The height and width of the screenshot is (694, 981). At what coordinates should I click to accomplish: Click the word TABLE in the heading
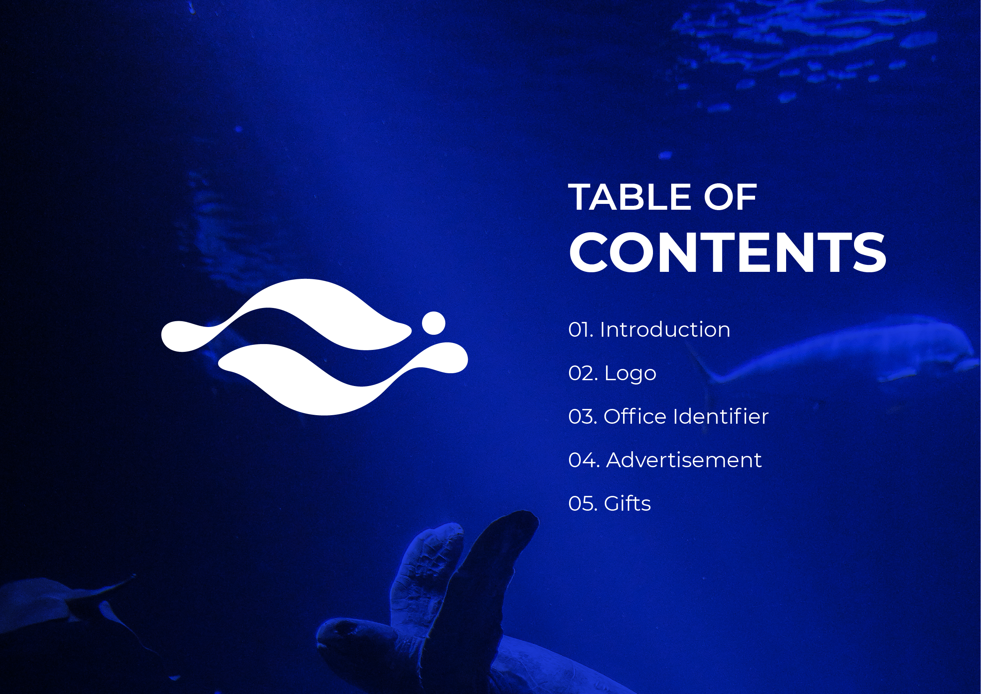(629, 197)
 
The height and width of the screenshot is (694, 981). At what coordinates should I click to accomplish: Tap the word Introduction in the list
(665, 329)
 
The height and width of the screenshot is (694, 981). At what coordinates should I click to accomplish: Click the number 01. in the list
(581, 330)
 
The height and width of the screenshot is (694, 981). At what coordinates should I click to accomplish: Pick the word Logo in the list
(630, 374)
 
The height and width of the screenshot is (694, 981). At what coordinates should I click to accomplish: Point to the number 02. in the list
(583, 374)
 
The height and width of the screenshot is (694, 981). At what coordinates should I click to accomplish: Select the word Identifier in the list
(721, 417)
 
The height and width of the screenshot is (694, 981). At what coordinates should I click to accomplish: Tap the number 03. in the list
(583, 417)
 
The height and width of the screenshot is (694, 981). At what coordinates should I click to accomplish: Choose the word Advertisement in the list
(684, 460)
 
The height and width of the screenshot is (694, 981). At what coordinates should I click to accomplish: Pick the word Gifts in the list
(627, 503)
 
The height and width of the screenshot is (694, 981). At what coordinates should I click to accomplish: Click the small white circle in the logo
(434, 323)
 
